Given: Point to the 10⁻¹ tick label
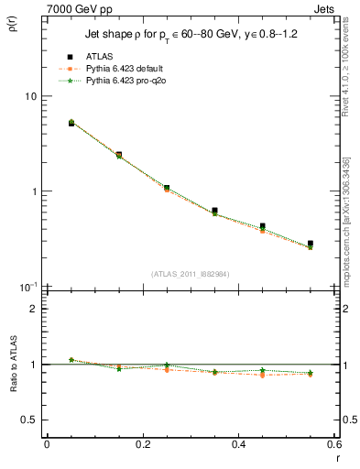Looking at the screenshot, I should point(27,286).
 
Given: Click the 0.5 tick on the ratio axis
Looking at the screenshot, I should point(29,420).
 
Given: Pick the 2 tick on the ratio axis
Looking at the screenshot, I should point(32,309).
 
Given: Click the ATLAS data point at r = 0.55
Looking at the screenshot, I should point(311,244).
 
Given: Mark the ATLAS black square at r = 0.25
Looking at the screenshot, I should point(166,188).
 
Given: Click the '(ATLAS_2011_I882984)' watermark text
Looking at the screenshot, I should point(190,273).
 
